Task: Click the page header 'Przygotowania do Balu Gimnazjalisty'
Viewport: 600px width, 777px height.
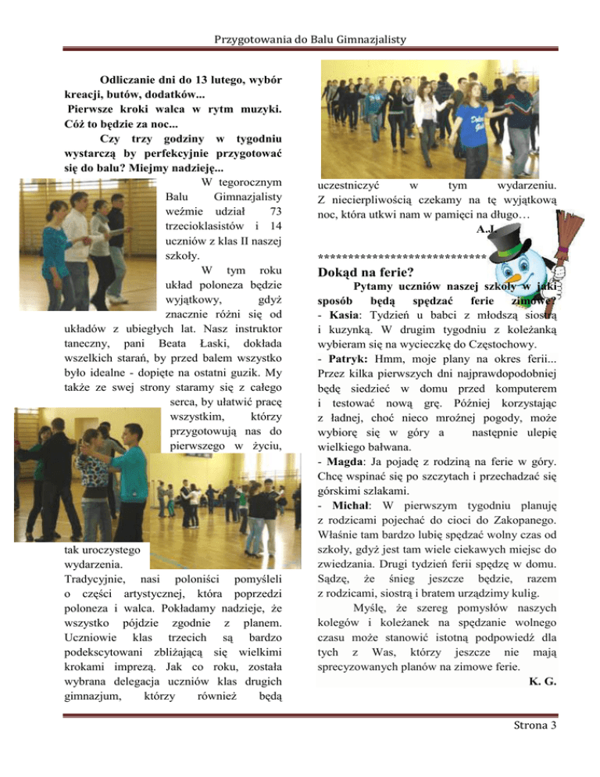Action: [x=299, y=17]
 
